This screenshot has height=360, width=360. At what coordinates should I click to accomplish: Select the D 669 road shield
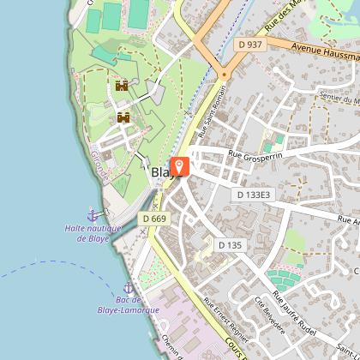[155, 219]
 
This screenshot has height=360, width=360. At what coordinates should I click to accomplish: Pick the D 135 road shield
[230, 245]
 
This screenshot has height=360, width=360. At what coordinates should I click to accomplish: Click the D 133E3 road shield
[252, 195]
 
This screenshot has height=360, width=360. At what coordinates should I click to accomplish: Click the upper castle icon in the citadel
[122, 85]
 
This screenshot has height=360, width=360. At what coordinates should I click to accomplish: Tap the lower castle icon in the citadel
[123, 117]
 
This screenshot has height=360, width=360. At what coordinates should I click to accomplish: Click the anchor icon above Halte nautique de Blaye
[93, 213]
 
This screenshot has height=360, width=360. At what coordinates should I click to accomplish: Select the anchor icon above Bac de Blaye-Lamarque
[129, 287]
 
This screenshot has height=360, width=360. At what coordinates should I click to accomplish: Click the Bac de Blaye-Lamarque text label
[129, 304]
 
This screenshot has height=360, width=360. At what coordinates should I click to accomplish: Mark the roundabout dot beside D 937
[225, 75]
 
